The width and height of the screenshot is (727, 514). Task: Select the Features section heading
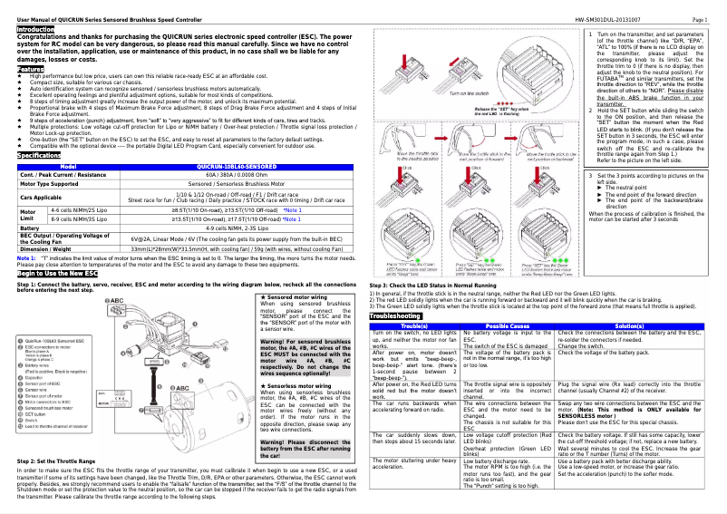click(x=30, y=69)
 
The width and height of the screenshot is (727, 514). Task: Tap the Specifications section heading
click(x=39, y=156)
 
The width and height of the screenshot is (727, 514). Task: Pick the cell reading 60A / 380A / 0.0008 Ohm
click(x=236, y=175)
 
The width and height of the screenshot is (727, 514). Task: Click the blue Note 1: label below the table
click(x=26, y=257)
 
